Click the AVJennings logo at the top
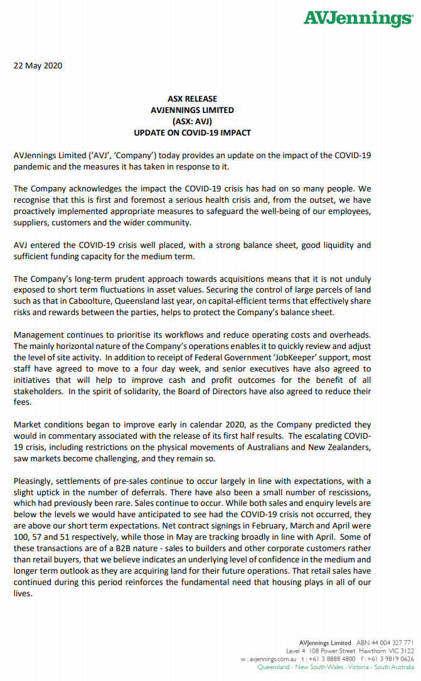358,18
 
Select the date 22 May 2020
38,66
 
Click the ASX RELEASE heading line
192,99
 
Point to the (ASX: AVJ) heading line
192,121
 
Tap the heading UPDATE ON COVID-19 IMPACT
192,132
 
